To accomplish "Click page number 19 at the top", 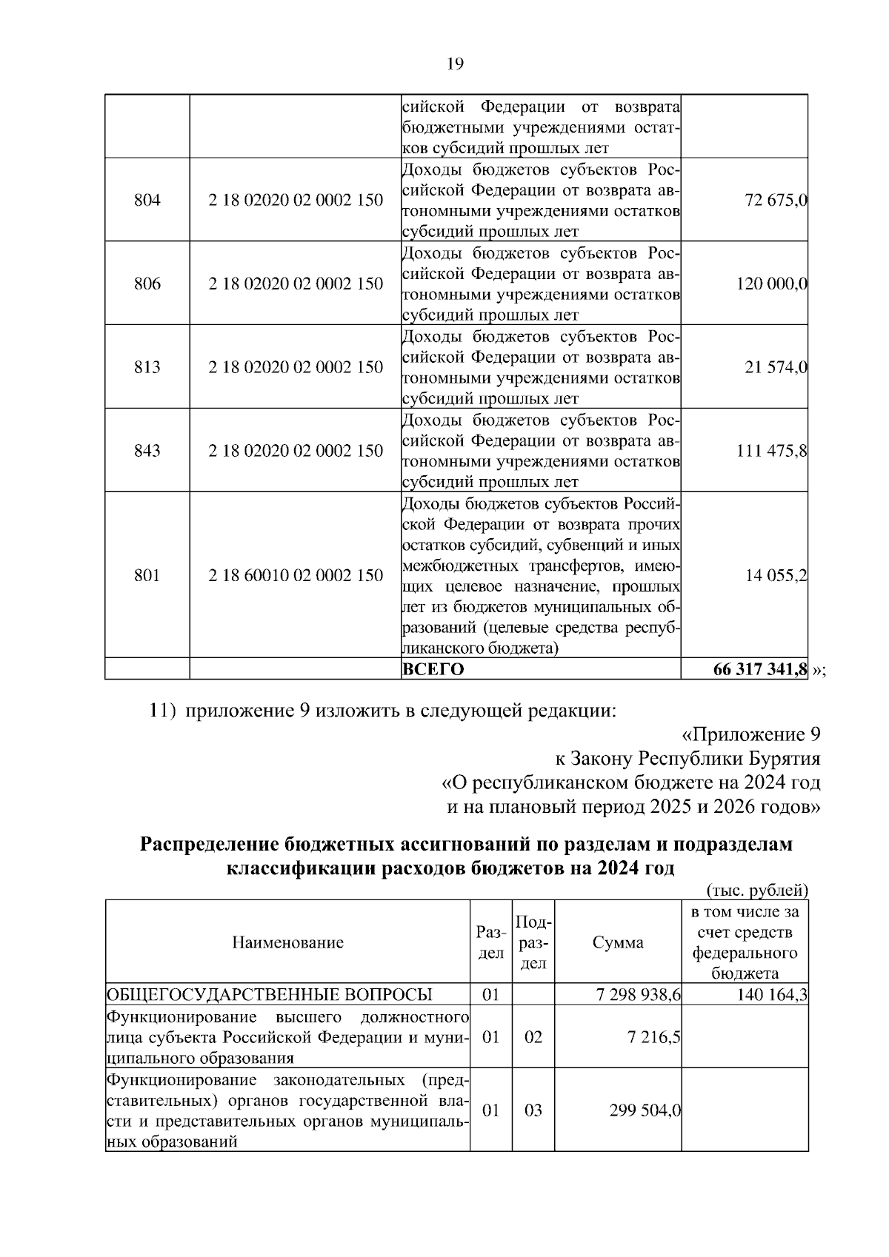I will point(455,64).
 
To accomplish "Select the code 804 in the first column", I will point(147,200).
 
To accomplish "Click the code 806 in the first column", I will point(147,284).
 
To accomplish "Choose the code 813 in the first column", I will point(147,367).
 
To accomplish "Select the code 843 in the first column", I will point(147,451).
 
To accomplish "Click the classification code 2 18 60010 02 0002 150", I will point(296,575).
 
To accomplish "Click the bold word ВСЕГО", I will point(433,669).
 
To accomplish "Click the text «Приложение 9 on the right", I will point(750,734).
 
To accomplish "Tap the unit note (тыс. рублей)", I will point(757,890).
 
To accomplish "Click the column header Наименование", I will point(287,942).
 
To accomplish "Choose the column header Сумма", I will point(618,942).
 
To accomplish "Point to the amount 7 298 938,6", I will point(638,995).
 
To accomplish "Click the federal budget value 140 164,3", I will point(771,995).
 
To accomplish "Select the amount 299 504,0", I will point(645,1110).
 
